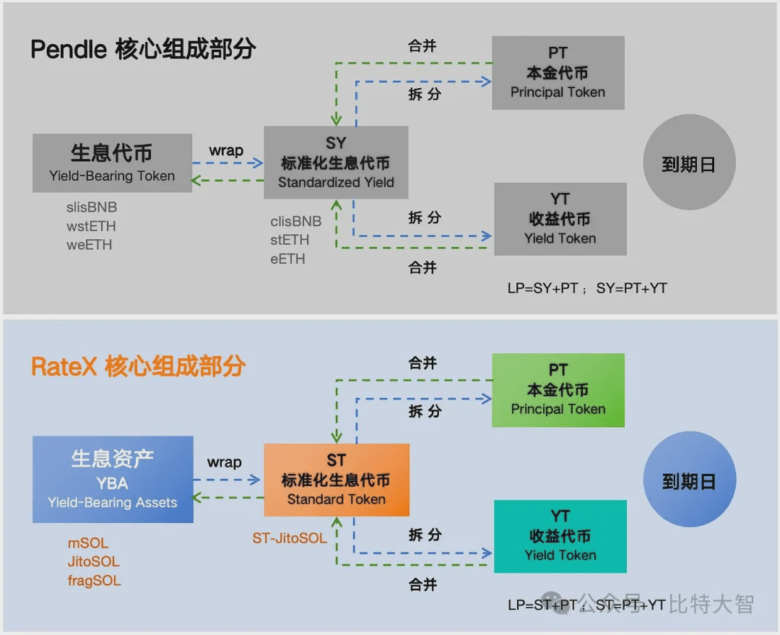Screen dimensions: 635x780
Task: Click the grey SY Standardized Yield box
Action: tap(336, 163)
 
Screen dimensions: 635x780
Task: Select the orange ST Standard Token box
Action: tap(337, 480)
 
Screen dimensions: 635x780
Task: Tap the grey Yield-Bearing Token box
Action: tap(112, 163)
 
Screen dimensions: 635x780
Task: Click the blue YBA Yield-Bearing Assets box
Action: tap(113, 479)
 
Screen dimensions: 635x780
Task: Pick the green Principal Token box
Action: tap(558, 390)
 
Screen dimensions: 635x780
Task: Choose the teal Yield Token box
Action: tap(560, 536)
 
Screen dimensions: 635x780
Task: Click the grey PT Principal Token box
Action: tap(558, 73)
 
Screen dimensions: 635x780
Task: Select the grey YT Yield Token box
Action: tap(560, 219)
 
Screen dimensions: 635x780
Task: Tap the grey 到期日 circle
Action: tap(689, 163)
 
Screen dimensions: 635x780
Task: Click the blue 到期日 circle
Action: tap(689, 479)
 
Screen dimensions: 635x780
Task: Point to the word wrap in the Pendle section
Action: tap(226, 150)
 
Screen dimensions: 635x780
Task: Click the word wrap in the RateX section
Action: tap(225, 462)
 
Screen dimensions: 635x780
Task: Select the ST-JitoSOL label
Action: tap(289, 538)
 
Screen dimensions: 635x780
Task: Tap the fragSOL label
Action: tap(95, 581)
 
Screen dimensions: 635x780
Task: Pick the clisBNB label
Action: tap(296, 221)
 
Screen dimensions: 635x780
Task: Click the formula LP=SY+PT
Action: tap(542, 288)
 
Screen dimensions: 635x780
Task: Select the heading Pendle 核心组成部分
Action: tap(143, 49)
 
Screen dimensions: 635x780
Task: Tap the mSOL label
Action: tap(88, 543)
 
